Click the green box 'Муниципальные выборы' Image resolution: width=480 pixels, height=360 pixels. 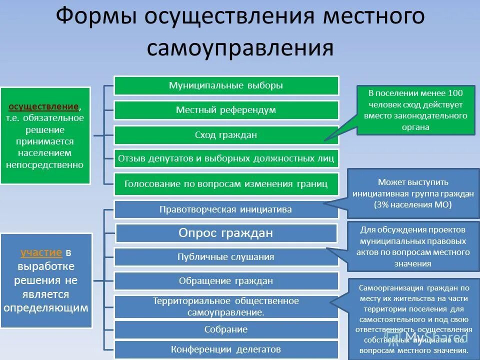tap(226, 85)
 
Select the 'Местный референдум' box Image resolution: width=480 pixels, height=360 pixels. tap(226, 110)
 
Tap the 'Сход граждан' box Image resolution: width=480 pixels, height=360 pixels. tap(226, 135)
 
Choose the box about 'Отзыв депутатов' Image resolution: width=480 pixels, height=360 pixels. tap(226, 158)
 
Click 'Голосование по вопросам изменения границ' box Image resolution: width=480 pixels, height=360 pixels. tap(226, 183)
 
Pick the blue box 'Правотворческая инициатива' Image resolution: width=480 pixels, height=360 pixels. tap(226, 209)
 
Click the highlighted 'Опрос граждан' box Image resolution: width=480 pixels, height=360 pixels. tap(226, 233)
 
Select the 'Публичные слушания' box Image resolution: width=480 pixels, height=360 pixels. tap(226, 257)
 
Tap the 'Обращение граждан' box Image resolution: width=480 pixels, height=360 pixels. tap(226, 281)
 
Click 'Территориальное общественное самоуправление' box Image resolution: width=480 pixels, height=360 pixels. tap(226, 306)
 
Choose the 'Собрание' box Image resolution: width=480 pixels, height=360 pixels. tap(226, 330)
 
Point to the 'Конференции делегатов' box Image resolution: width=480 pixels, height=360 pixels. tap(226, 349)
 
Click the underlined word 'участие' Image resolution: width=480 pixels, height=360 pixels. tap(41, 252)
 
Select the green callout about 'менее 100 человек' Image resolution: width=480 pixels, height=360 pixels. tap(415, 110)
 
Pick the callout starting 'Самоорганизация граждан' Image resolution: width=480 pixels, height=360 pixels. tap(413, 319)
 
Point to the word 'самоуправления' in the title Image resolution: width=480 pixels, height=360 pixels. tap(240, 48)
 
